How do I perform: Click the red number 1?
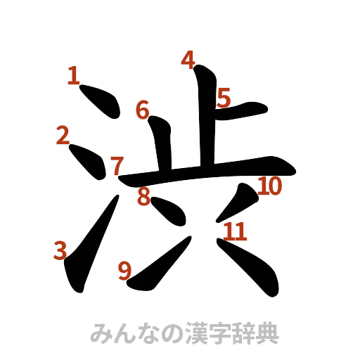pos(75,75)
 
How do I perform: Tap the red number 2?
pos(64,135)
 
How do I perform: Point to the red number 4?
pos(187,60)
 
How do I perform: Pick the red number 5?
pos(224,97)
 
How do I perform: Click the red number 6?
pos(143,110)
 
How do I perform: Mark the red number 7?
pos(117,166)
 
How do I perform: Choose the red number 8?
pos(143,198)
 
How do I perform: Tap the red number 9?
pos(126,270)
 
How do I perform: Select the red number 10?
pos(271,186)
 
